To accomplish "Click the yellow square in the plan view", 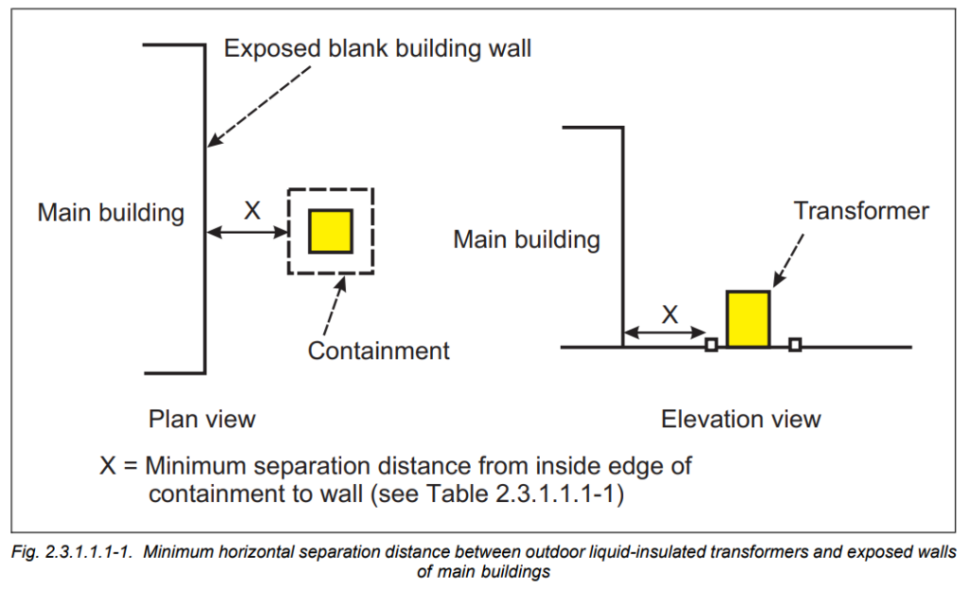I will [x=332, y=231].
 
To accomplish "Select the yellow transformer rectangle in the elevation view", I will [x=748, y=318].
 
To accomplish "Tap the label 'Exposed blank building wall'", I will [x=378, y=48].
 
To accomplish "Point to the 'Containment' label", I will [x=378, y=351].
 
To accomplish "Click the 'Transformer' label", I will [x=861, y=210].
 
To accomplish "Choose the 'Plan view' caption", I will [x=202, y=418].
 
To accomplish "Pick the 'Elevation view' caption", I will [x=741, y=419].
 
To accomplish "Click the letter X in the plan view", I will [x=252, y=211].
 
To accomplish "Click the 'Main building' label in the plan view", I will [x=111, y=212].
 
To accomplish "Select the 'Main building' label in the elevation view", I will [x=527, y=240].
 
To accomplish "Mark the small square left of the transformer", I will [x=710, y=345].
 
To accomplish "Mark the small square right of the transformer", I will [x=795, y=345].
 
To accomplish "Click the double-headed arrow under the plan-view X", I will [x=248, y=232].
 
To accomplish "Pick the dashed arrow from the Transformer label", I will [x=792, y=259].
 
